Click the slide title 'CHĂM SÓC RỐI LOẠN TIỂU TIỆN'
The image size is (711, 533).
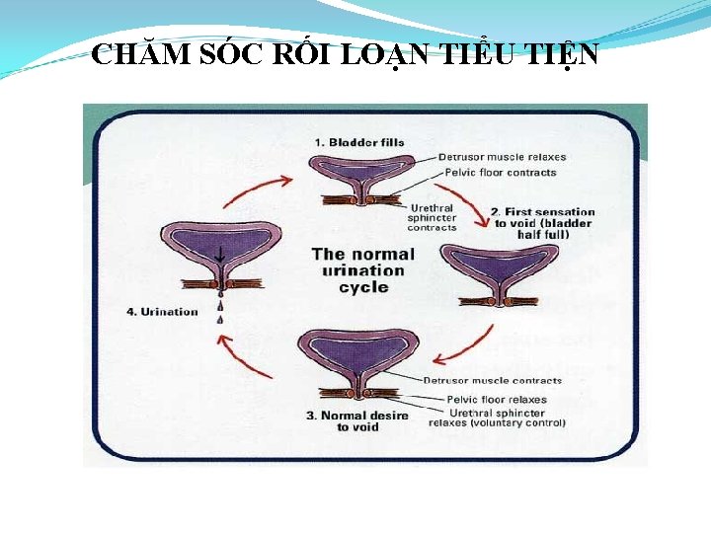point(344,54)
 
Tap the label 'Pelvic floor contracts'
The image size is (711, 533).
point(501,173)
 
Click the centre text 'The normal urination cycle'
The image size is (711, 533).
point(363,270)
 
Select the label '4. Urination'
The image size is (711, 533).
point(162,312)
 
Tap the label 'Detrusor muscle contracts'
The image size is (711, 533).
point(492,380)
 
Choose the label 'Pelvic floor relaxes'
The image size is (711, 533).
point(496,400)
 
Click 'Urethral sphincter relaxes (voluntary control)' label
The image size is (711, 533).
point(497,418)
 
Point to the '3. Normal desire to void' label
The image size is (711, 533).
point(357,421)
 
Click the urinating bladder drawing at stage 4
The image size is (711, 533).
point(218,247)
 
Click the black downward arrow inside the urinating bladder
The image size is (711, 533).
point(219,253)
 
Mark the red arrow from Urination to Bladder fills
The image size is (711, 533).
point(256,190)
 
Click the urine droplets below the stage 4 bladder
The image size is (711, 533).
point(219,306)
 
